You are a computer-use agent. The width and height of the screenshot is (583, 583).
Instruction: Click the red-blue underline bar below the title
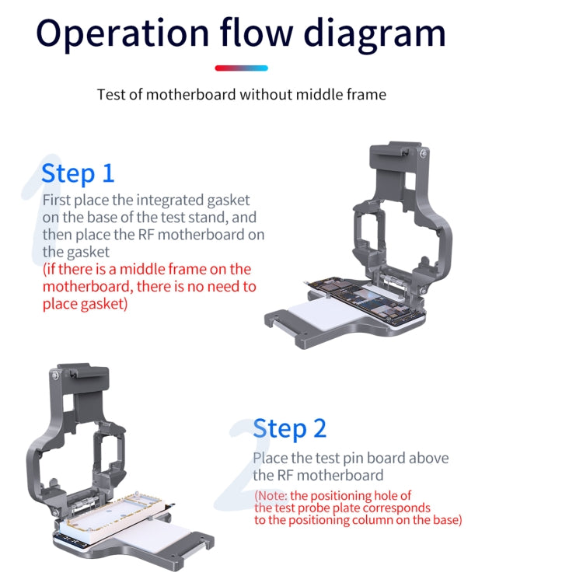pos(241,68)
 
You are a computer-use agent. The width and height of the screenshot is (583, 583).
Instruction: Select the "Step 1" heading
pos(78,173)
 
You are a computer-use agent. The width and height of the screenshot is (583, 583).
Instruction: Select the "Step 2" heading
pos(290,428)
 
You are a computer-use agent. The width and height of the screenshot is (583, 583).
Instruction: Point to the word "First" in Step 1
pos(57,200)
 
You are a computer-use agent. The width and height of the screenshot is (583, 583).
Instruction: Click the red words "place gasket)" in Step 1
pos(85,304)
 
